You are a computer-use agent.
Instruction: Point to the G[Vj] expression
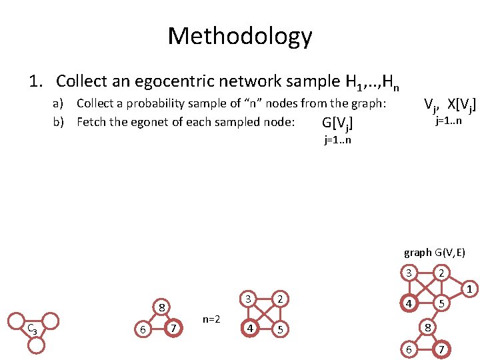337,123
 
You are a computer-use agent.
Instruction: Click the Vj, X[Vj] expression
451,105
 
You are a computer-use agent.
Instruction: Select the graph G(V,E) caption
434,253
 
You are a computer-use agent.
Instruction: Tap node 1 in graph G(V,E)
469,289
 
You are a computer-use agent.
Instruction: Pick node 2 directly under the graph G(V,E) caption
441,273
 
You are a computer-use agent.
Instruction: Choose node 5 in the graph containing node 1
441,303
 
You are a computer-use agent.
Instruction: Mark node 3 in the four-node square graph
248,298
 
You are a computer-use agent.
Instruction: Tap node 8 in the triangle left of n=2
161,308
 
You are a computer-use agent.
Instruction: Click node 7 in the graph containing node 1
441,349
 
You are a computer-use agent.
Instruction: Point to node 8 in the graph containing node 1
427,327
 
